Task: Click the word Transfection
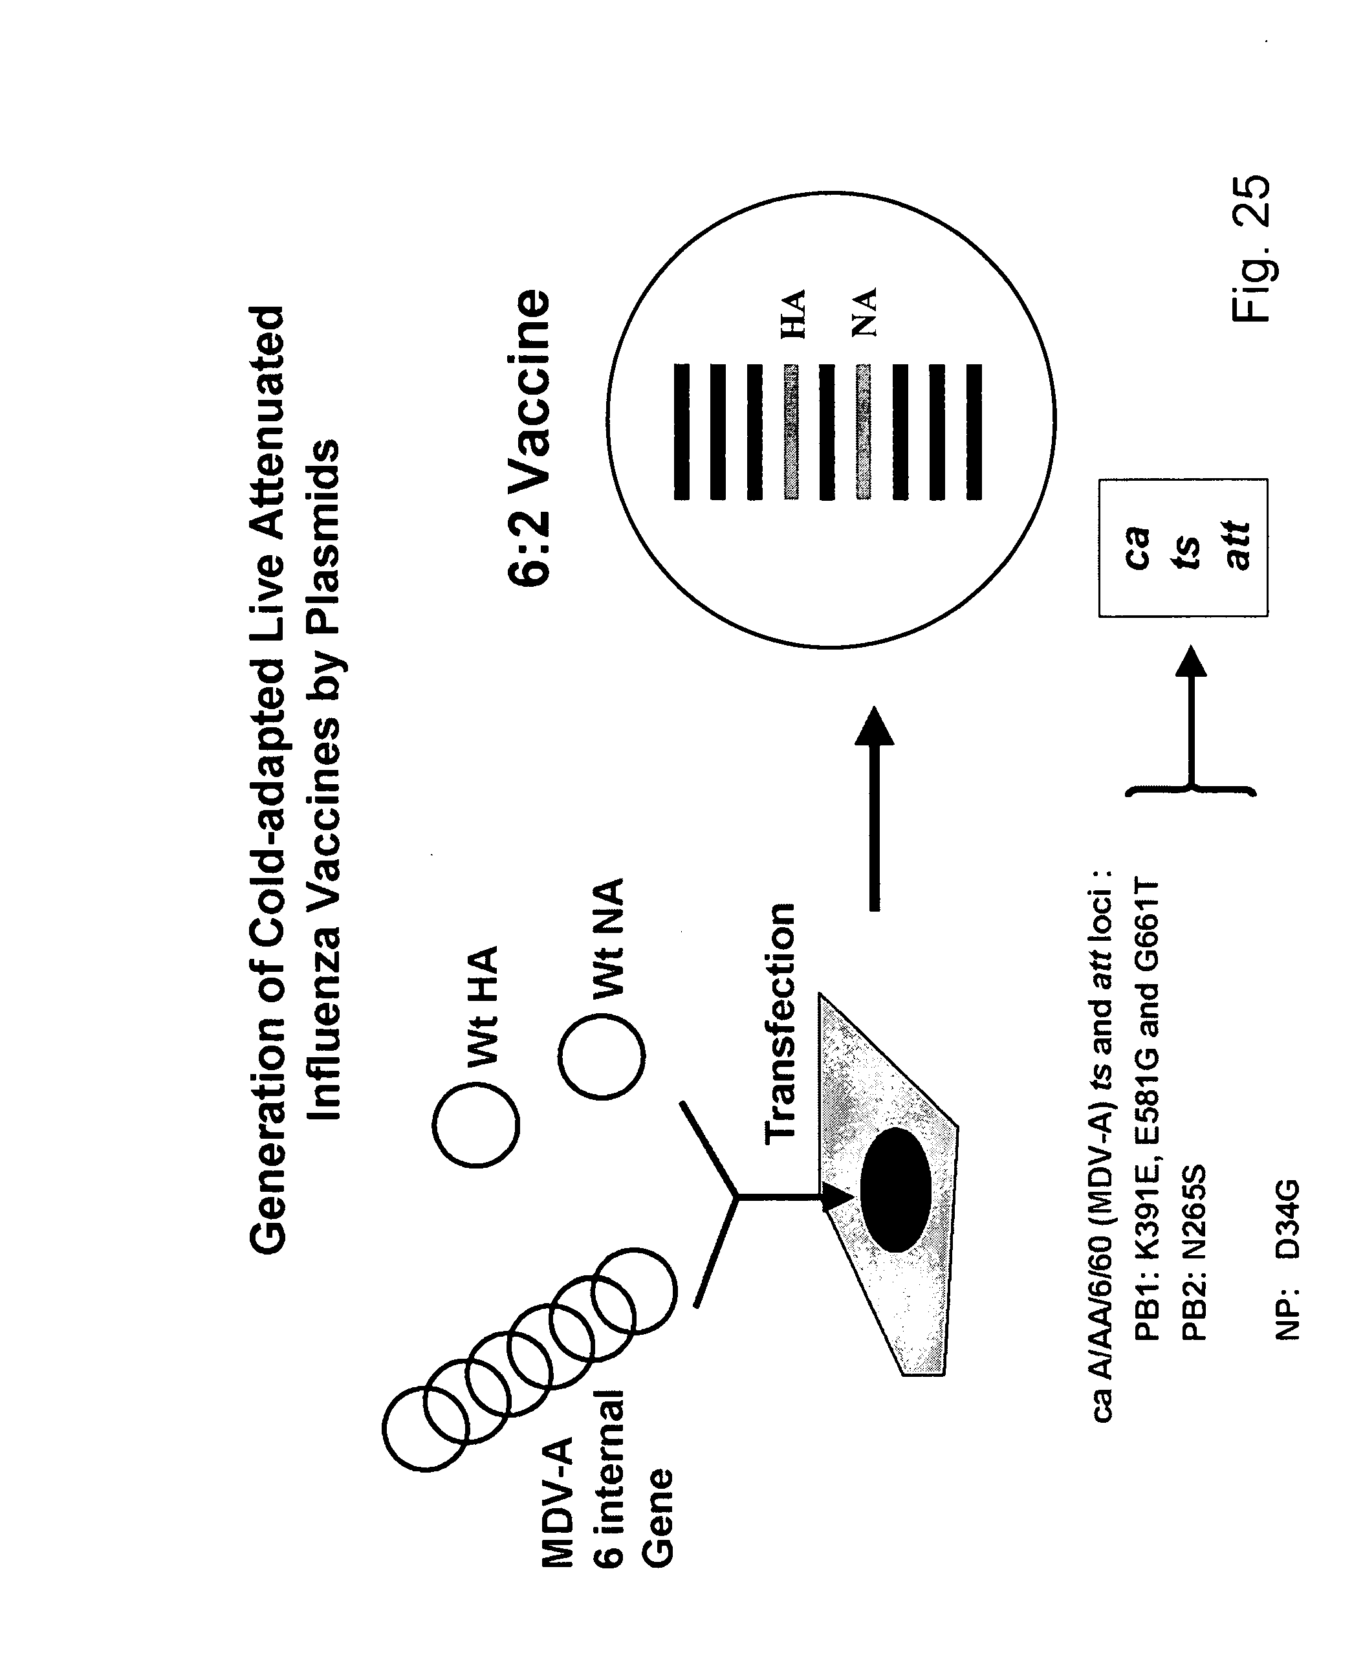(780, 1022)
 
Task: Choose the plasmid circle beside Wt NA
(602, 1055)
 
